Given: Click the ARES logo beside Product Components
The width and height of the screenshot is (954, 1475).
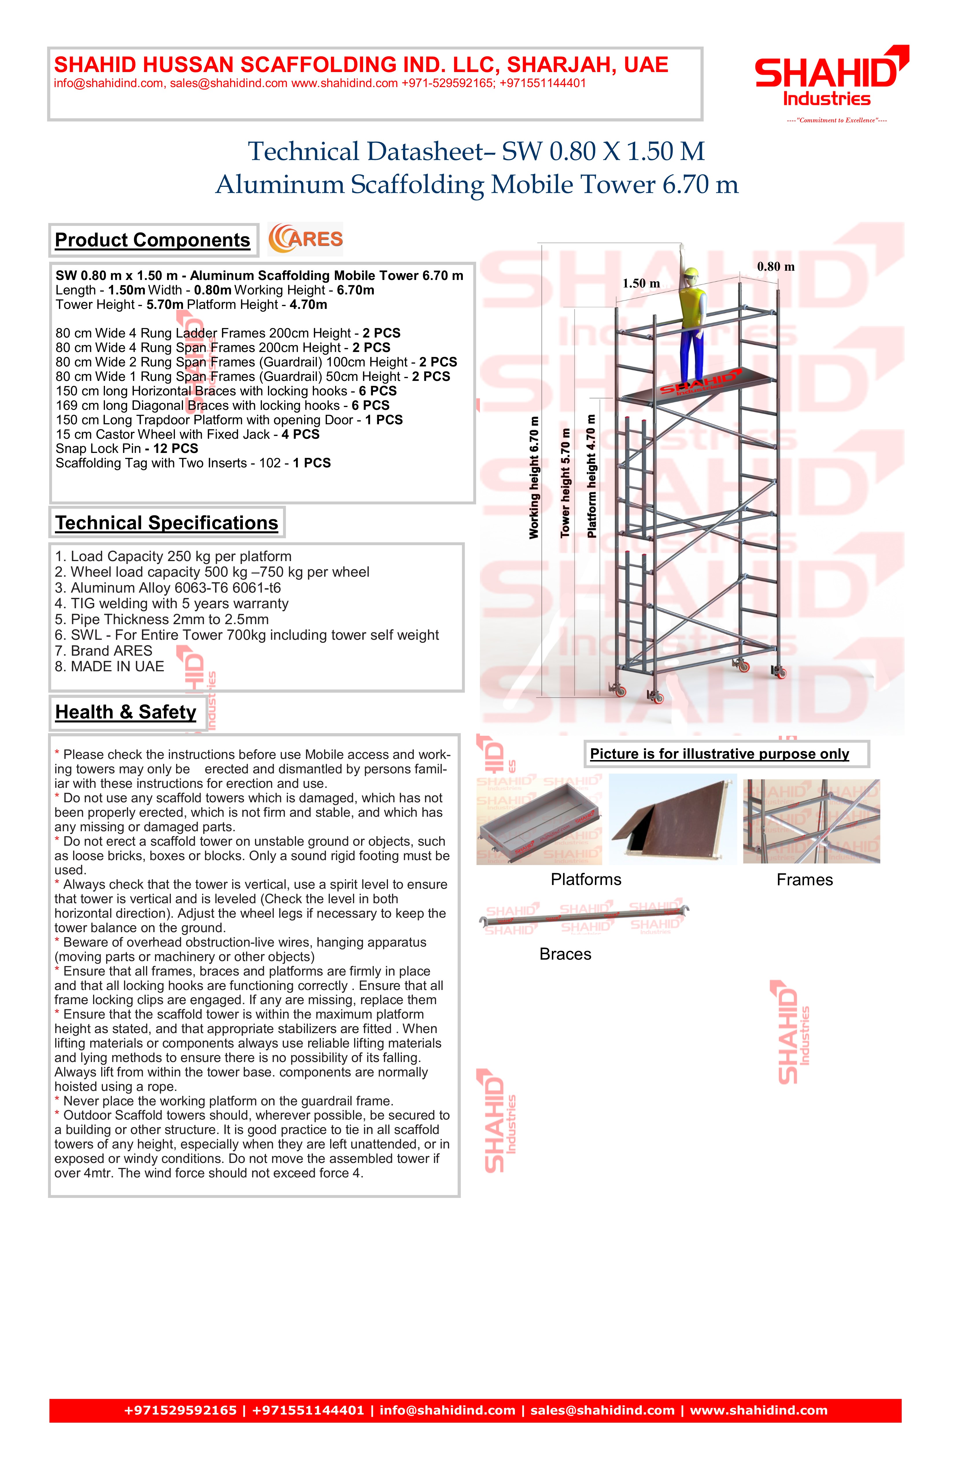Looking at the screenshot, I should pyautogui.click(x=305, y=239).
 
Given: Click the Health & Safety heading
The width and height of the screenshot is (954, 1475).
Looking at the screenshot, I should pyautogui.click(x=126, y=712).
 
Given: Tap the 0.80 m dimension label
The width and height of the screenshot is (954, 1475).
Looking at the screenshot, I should pyautogui.click(x=776, y=267).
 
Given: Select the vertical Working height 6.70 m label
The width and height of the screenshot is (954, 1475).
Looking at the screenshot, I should pyautogui.click(x=534, y=477).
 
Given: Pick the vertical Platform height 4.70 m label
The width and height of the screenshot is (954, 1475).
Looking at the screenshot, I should pyautogui.click(x=591, y=476).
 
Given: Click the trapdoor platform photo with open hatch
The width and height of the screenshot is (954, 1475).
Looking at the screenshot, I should pyautogui.click(x=673, y=819).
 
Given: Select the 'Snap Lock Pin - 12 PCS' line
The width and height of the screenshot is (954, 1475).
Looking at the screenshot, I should pyautogui.click(x=127, y=449).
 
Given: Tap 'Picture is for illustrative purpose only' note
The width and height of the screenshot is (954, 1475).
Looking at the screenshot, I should pyautogui.click(x=719, y=754).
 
